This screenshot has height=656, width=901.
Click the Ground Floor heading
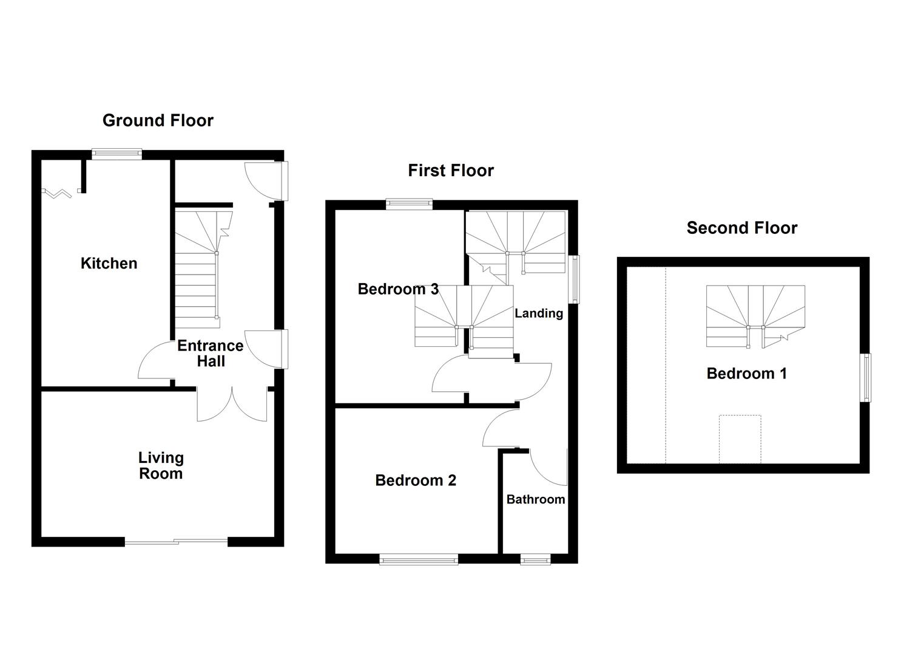coord(158,120)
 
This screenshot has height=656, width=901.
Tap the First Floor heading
coord(450,170)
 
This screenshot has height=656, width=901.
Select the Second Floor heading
coord(741,228)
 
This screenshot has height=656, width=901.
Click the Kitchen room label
coord(109,264)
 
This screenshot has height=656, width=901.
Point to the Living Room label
coord(161,465)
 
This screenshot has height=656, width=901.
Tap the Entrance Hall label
coord(211,353)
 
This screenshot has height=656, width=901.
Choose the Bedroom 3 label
coord(398,289)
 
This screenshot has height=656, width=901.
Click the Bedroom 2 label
coord(416,480)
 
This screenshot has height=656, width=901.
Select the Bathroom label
coord(535,499)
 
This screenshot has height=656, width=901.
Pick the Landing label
coord(539,313)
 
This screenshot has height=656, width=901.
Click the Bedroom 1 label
coord(746,374)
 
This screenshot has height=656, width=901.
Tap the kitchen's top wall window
coord(116,154)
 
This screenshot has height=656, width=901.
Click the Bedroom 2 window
coord(419,559)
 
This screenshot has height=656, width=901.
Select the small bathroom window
coord(535,559)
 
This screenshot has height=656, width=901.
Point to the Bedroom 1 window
coord(866,377)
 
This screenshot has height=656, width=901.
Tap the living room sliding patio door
coord(176,542)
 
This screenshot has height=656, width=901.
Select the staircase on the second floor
coord(755,316)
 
